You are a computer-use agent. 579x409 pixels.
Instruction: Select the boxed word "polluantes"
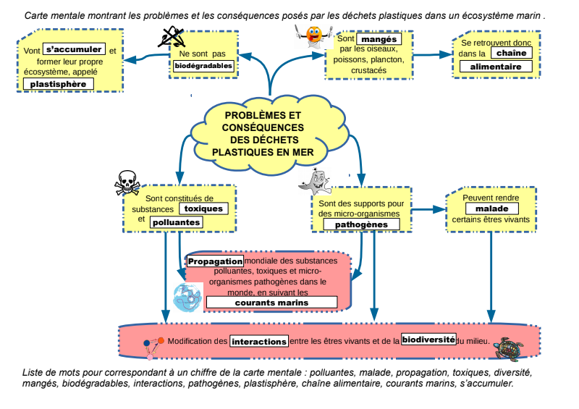[x=176, y=222]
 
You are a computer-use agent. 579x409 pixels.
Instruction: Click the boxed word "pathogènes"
[x=362, y=224]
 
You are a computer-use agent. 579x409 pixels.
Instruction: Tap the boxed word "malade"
[x=491, y=208]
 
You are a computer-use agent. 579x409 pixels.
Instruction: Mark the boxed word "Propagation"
[x=215, y=261]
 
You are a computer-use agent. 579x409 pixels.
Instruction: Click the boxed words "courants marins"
[x=271, y=302]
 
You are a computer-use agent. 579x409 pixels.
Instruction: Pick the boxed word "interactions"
[x=259, y=341]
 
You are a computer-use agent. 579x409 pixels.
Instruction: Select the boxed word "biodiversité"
[x=428, y=339]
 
